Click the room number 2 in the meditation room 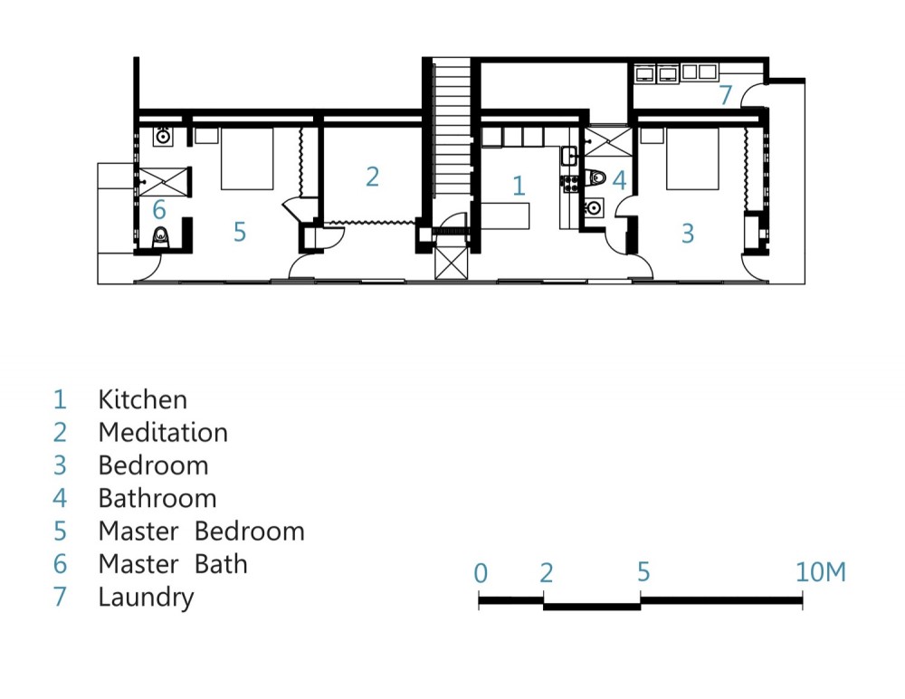(372, 177)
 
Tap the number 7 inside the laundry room (726, 95)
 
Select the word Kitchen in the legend (143, 399)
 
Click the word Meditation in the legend (163, 432)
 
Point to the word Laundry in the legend (146, 598)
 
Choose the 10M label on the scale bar (821, 572)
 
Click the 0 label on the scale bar (481, 573)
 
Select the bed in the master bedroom (247, 158)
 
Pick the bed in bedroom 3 (692, 158)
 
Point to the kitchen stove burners (571, 184)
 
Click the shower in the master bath (165, 182)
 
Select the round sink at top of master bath (163, 137)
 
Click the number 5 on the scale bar (643, 572)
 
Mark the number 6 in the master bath (159, 210)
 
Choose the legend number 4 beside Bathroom (60, 498)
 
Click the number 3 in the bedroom (688, 234)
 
